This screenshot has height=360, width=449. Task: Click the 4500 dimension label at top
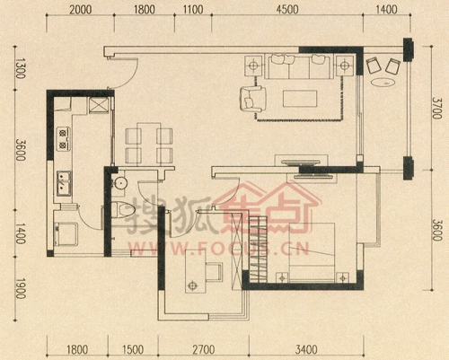287,10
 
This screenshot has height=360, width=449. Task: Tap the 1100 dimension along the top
193,10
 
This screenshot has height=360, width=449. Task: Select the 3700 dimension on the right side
436,108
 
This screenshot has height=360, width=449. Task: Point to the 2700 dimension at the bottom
204,349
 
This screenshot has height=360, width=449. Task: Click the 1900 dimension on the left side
20,288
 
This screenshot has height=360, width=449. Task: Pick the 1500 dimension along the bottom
133,349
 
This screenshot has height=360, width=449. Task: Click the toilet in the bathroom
123,210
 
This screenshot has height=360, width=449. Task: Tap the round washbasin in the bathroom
120,183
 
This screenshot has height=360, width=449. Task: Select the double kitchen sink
64,183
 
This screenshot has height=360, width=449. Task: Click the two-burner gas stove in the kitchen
64,139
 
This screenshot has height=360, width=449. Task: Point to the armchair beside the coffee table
253,99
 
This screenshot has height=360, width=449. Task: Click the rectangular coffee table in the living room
300,99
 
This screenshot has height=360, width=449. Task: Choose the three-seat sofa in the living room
299,66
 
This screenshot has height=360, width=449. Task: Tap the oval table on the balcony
383,82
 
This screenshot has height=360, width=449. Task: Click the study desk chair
215,272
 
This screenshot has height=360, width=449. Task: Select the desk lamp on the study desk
192,285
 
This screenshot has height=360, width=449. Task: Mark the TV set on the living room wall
301,163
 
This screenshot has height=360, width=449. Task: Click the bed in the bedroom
312,252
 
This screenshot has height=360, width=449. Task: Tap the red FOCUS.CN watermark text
218,249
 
